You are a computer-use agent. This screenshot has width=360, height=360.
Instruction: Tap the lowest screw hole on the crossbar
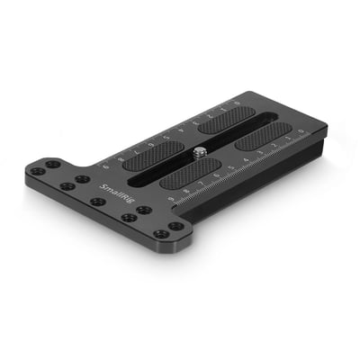[x=161, y=234]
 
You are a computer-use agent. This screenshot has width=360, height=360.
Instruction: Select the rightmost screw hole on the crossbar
[x=175, y=226]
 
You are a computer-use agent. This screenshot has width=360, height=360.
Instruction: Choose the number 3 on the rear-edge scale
[x=194, y=124]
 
